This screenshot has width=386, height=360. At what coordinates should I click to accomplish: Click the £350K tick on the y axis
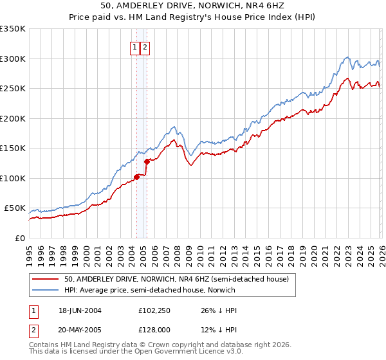[13, 29]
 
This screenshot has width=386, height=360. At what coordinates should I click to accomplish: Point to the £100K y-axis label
[13, 178]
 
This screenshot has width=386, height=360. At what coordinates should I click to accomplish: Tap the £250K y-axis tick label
[13, 89]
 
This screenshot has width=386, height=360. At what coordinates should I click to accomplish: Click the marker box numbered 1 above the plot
[135, 47]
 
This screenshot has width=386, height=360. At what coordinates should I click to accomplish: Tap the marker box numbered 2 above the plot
[145, 47]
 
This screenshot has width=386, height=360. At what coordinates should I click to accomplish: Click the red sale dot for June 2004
[136, 177]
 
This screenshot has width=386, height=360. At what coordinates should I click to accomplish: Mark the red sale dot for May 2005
[147, 161]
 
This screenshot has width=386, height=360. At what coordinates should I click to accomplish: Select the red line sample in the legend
[46, 279]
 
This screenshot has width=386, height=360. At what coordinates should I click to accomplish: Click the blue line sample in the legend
[46, 291]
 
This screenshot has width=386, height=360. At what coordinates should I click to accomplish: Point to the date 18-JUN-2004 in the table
[80, 310]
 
